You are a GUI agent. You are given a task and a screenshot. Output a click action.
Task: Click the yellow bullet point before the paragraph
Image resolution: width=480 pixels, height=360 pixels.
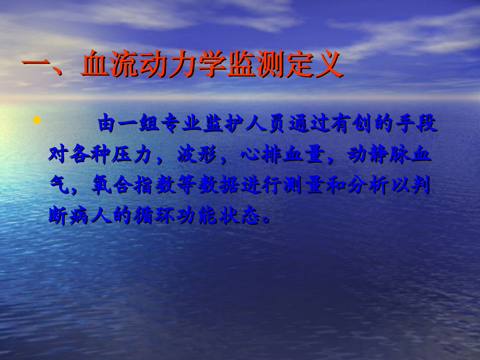pyautogui.click(x=36, y=121)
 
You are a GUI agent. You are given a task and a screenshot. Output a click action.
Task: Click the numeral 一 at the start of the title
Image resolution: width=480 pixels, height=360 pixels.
pyautogui.click(x=36, y=66)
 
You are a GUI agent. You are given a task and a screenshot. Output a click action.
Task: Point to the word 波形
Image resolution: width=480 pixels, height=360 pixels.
pyautogui.click(x=198, y=155)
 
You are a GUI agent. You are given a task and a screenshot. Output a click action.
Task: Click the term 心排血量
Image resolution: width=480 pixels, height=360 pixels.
pyautogui.click(x=283, y=155)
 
